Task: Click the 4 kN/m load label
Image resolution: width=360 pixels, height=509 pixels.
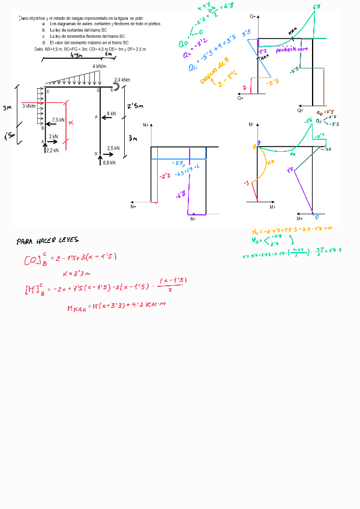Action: coord(100,66)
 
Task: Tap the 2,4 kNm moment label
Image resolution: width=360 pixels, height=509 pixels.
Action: coord(122,80)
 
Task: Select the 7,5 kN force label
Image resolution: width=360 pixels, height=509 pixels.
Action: coord(58,119)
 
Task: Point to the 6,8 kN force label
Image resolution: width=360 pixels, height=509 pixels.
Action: coord(109,163)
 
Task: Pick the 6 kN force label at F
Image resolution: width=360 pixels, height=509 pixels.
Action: coord(112,113)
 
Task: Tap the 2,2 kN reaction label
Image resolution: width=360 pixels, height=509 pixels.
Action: coord(52,151)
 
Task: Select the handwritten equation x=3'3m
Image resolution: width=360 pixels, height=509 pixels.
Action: coord(76,273)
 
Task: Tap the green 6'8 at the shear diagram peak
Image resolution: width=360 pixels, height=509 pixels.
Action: coord(316,7)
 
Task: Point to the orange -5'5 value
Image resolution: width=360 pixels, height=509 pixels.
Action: coord(271,82)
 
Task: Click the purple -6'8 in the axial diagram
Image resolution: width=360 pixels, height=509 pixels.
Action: coord(181,196)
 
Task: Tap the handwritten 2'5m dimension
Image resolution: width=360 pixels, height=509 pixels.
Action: coord(135,107)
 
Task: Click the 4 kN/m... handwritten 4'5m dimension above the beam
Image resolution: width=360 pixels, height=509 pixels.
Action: coord(76,56)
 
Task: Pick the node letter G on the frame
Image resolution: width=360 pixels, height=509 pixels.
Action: coord(95,154)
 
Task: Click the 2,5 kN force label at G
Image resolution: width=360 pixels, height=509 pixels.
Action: coord(113,148)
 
